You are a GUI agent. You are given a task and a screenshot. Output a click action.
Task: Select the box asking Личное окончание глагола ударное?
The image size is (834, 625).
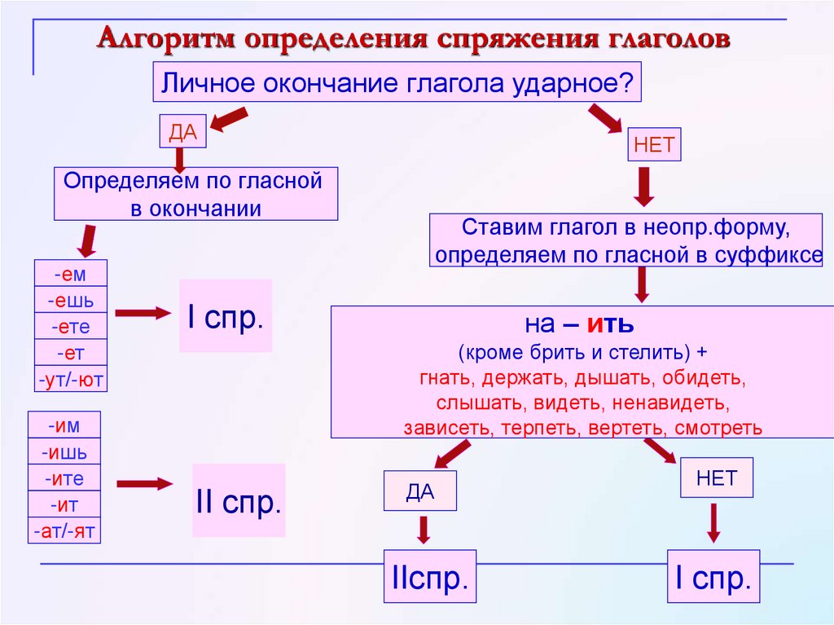pyautogui.click(x=397, y=83)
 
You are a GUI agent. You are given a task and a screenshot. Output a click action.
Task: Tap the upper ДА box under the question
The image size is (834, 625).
pyautogui.click(x=183, y=131)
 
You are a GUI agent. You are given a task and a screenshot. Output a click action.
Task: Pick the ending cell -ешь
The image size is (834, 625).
pyautogui.click(x=71, y=301)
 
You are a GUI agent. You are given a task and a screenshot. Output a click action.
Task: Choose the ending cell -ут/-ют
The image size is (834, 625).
pyautogui.click(x=71, y=380)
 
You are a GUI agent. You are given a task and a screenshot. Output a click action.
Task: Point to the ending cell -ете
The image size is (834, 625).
pyautogui.click(x=71, y=327)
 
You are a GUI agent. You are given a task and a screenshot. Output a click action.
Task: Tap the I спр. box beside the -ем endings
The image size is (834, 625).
pyautogui.click(x=225, y=316)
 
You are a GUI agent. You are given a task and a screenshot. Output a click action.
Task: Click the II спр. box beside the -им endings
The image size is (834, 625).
pyautogui.click(x=239, y=500)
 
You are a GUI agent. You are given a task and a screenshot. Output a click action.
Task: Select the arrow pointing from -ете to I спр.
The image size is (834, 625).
pyautogui.click(x=141, y=313)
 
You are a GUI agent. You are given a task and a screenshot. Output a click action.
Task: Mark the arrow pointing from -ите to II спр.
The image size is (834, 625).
pyautogui.click(x=144, y=483)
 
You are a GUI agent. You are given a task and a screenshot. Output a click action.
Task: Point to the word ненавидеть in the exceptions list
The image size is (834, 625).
pyautogui.click(x=674, y=403)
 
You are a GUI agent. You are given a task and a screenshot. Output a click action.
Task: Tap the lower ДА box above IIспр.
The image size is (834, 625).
pyautogui.click(x=420, y=491)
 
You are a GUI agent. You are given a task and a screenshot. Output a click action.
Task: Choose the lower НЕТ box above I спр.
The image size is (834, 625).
pyautogui.click(x=716, y=478)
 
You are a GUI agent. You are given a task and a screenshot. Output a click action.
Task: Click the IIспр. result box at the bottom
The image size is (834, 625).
pyautogui.click(x=430, y=578)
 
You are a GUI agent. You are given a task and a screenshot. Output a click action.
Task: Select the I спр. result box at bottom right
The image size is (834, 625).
pyautogui.click(x=713, y=578)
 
